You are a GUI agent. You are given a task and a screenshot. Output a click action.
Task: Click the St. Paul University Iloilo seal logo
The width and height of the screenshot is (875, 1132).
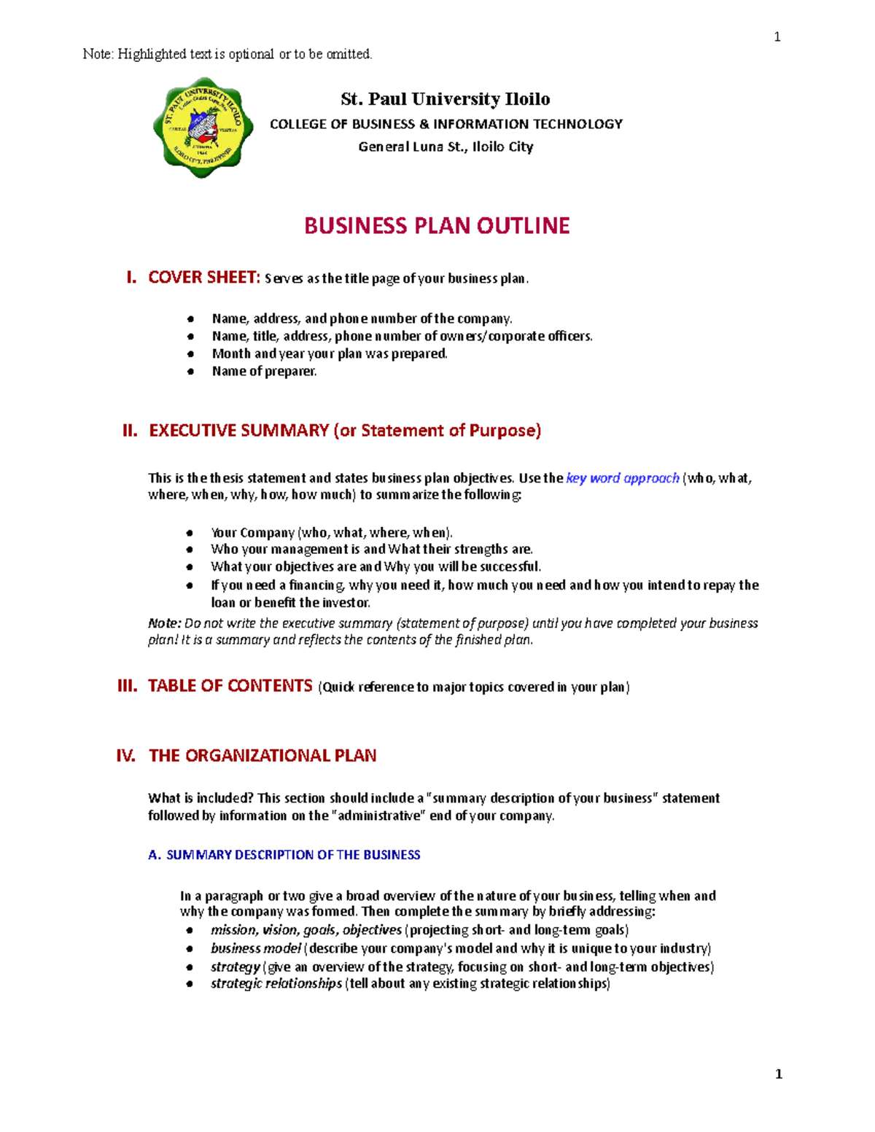[203, 128]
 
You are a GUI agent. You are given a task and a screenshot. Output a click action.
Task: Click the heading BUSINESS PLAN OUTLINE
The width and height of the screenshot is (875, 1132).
[437, 226]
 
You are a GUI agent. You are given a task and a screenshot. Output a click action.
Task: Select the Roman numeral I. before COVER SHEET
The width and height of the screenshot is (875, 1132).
[131, 278]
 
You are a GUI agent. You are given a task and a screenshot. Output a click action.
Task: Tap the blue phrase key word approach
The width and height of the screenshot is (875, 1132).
[623, 478]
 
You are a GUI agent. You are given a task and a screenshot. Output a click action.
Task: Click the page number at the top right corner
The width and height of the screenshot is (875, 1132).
[777, 37]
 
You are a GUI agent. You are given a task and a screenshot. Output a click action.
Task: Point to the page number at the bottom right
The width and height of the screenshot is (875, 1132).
[779, 1074]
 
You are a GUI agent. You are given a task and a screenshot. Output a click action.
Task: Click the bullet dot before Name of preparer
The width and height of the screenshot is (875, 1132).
[190, 372]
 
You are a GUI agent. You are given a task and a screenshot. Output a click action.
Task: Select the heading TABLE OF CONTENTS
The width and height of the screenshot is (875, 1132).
[230, 686]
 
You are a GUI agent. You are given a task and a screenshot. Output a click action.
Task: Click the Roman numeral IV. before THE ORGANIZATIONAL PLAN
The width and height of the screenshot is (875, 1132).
[125, 756]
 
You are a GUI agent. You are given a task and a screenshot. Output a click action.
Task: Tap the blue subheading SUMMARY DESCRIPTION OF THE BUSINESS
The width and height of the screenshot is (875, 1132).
[293, 855]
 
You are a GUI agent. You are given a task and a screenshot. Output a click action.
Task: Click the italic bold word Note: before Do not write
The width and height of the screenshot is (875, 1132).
[164, 623]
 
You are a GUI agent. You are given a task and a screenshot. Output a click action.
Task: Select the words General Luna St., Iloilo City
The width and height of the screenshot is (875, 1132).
[446, 147]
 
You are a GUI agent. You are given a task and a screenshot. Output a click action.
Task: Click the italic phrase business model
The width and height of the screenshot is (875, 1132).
[255, 948]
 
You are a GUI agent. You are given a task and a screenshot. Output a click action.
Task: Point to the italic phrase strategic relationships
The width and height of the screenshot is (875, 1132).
[276, 983]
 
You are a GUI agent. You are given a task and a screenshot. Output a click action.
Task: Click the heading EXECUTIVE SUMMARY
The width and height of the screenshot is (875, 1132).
[239, 431]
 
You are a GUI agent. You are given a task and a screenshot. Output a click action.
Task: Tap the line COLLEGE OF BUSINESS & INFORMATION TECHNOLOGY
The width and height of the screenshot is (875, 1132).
[446, 124]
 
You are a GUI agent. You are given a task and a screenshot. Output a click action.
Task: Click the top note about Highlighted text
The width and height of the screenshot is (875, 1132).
[227, 54]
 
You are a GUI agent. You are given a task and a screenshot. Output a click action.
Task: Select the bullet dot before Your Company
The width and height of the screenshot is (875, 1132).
[190, 533]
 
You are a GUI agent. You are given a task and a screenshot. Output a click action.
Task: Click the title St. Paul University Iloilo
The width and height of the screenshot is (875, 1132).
[446, 99]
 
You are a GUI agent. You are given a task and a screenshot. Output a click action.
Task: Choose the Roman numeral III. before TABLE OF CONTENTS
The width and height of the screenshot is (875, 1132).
[128, 686]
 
